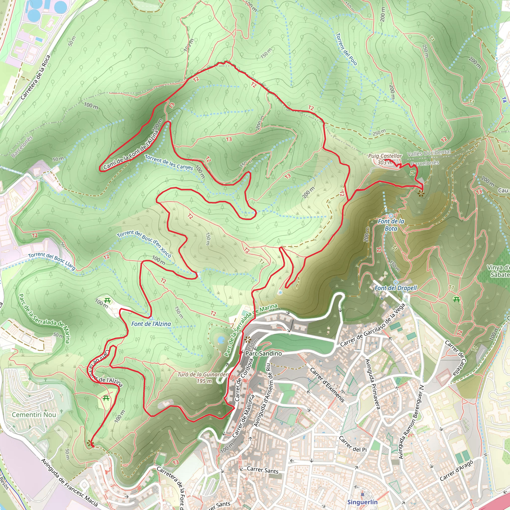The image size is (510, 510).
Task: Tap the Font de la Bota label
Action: click(x=391, y=225)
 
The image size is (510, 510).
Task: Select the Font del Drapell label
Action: click(x=396, y=288)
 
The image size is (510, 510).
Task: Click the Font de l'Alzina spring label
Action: click(x=151, y=324)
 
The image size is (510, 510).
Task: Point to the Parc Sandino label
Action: click(x=263, y=353)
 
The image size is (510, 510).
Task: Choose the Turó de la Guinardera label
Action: click(x=204, y=378)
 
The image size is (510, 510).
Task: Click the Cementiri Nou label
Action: click(x=34, y=415)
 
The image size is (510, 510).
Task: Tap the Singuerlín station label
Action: click(x=362, y=502)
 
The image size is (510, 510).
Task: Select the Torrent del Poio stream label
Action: click(x=346, y=49)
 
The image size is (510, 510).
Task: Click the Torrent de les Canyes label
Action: click(x=169, y=162)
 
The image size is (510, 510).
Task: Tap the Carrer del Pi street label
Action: click(x=353, y=444)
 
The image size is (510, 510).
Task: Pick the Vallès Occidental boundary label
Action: click(x=429, y=153)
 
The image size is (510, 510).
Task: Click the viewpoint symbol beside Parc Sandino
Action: click(x=247, y=340)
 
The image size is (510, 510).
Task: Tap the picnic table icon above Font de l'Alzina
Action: click(x=107, y=300)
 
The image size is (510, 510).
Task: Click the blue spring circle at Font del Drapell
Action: click(x=395, y=282)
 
